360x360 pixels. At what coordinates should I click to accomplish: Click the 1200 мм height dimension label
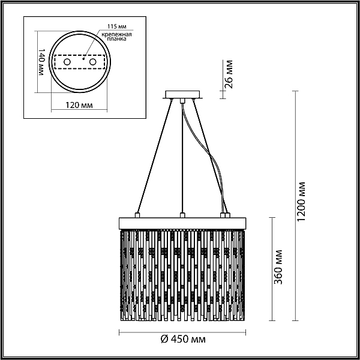(301, 202)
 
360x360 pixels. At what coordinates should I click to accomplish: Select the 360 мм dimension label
(278, 267)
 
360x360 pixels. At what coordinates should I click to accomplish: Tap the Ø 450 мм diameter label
(183, 339)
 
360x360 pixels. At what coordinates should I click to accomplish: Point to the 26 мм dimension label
(229, 74)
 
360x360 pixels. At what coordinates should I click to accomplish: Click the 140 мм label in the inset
(41, 62)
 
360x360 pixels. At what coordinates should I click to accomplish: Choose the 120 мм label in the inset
(79, 105)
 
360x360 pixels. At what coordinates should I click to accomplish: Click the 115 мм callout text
(117, 26)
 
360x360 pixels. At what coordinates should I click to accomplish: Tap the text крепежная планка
(117, 37)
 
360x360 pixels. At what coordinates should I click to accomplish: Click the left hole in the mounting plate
(67, 62)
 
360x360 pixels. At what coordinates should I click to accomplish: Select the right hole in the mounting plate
(93, 62)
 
